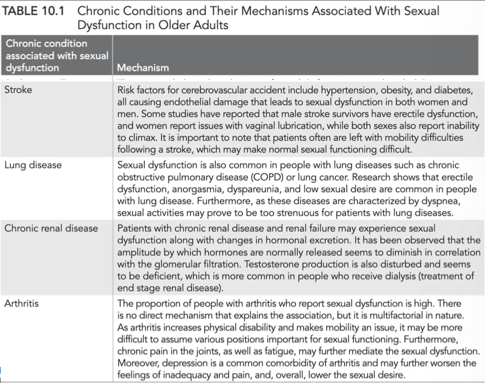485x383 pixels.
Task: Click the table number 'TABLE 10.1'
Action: click(x=36, y=11)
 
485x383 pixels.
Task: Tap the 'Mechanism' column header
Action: click(x=143, y=68)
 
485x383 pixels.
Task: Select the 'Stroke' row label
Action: click(x=18, y=89)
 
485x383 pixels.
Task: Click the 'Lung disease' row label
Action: click(x=33, y=165)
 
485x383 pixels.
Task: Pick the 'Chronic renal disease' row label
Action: click(x=51, y=228)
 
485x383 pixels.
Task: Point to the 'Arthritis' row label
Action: click(x=22, y=303)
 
